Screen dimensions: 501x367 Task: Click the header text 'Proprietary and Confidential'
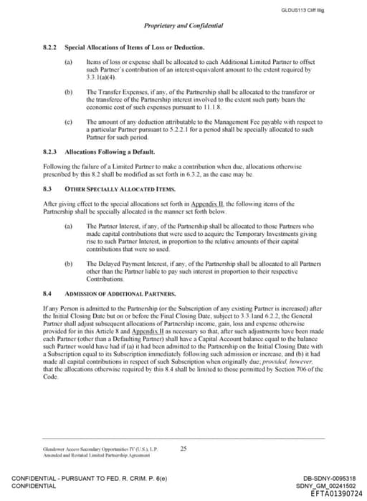click(x=183, y=25)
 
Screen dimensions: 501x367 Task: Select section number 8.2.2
click(x=50, y=47)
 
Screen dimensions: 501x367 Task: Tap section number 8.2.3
click(x=50, y=153)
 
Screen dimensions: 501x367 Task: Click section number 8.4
click(x=47, y=294)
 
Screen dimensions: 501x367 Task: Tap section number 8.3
click(x=47, y=189)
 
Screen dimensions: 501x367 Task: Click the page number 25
click(x=183, y=449)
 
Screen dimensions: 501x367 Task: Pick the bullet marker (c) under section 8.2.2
click(x=69, y=123)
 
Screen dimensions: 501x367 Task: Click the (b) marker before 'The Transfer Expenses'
click(x=69, y=92)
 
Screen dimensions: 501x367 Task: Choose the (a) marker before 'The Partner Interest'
click(x=69, y=226)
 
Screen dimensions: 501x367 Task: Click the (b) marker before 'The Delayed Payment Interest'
click(x=69, y=264)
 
